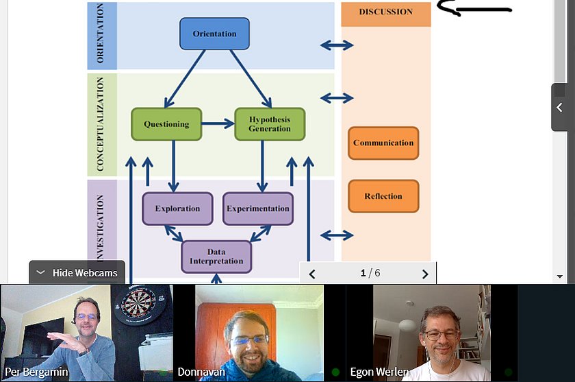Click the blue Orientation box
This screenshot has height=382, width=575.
click(x=214, y=34)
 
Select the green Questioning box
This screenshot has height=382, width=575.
click(x=166, y=124)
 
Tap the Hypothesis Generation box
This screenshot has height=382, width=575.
click(x=269, y=124)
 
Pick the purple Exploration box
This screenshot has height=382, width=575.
click(x=177, y=208)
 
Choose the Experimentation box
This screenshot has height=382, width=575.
click(x=258, y=208)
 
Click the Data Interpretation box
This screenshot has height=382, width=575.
click(x=216, y=256)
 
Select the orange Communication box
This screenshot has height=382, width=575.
click(x=383, y=143)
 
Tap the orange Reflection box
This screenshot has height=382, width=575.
click(x=383, y=196)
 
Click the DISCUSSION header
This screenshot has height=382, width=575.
click(x=386, y=12)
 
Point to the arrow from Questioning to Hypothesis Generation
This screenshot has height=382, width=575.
click(x=218, y=124)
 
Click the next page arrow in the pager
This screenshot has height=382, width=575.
click(x=425, y=274)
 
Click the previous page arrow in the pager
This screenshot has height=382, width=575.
click(x=312, y=274)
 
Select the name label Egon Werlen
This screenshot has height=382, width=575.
click(x=379, y=372)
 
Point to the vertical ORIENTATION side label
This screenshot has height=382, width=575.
click(x=101, y=34)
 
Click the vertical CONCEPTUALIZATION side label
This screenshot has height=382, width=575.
click(x=101, y=124)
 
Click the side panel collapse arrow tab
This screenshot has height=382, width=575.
click(x=560, y=107)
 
